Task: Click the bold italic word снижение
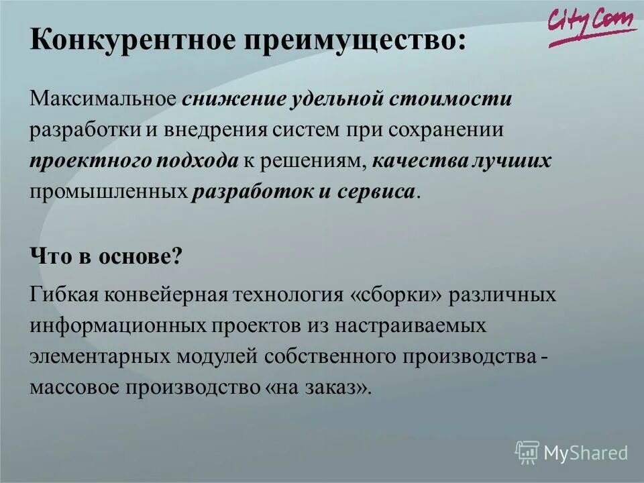(x=233, y=100)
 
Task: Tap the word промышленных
(x=107, y=191)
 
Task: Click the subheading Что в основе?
(x=106, y=256)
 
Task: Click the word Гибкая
(x=62, y=295)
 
